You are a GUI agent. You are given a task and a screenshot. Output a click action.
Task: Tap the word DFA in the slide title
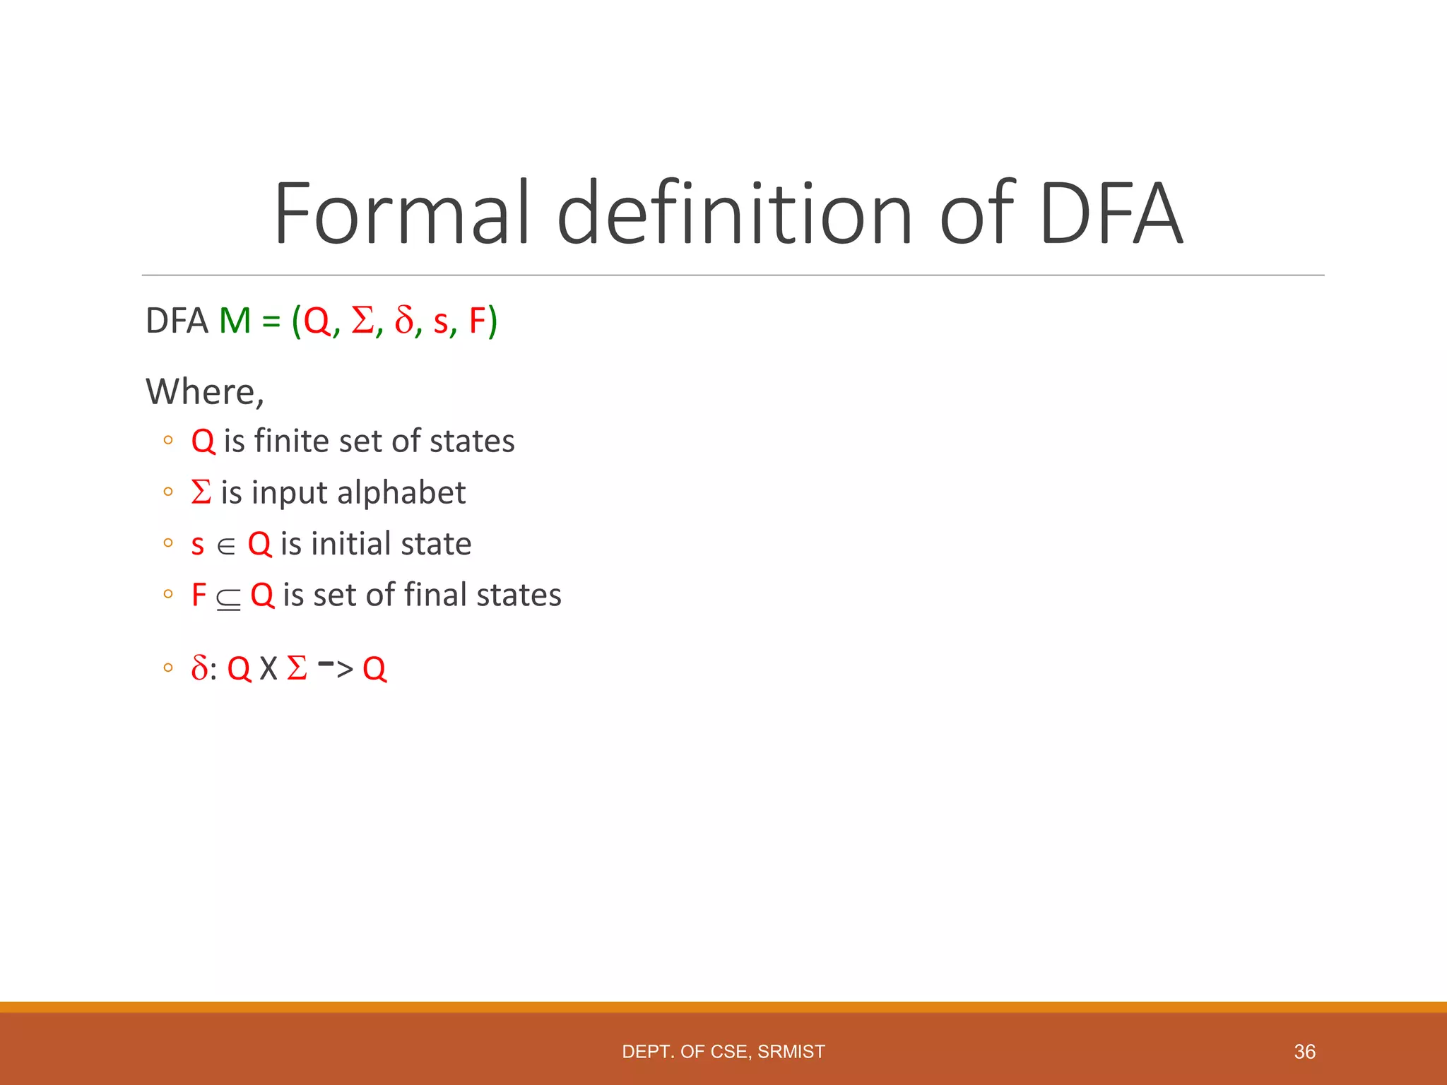click(1110, 213)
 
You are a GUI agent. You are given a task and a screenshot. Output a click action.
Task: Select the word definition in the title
click(735, 213)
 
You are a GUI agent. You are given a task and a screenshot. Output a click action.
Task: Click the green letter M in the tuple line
click(235, 321)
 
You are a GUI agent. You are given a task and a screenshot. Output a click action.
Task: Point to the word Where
click(204, 391)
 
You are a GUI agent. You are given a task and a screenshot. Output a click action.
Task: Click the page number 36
click(1304, 1052)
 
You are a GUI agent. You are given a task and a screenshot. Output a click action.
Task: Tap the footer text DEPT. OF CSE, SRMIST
click(723, 1052)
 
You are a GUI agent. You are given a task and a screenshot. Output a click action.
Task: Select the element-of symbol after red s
click(226, 546)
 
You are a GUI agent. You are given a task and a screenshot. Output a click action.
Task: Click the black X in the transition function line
click(268, 669)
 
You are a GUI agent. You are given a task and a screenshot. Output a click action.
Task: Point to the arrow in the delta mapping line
click(336, 667)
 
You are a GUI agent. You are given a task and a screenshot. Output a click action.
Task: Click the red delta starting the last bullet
click(199, 668)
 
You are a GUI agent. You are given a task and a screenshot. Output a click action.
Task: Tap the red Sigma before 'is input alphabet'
click(201, 492)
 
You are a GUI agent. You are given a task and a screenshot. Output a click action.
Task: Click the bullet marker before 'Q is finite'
click(167, 441)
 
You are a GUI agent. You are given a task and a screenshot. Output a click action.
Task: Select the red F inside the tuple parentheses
click(478, 321)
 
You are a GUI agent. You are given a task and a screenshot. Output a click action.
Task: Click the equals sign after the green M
click(271, 321)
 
